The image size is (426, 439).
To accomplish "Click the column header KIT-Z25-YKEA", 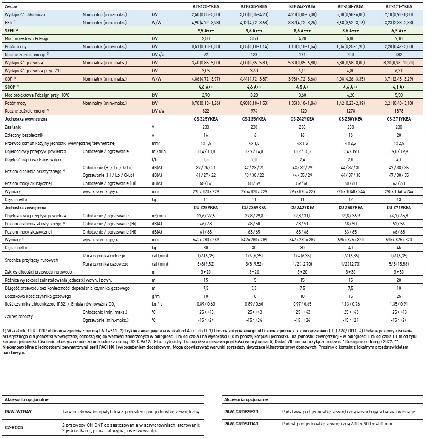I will point(205,7).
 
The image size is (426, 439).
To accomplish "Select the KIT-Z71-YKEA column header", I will point(399,7).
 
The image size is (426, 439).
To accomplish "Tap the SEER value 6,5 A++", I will point(399,32).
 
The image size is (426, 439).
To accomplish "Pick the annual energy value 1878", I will point(399,110).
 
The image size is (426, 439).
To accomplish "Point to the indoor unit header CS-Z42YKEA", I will point(302,119).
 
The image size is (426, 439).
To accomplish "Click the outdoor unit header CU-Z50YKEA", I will point(351,207).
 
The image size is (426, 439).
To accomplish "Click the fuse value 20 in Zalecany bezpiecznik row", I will point(399,135).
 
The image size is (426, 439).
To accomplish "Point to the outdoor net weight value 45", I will point(399,248).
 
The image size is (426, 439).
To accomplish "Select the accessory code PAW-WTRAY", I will point(18,413).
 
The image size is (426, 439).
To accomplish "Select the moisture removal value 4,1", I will point(399,159).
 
